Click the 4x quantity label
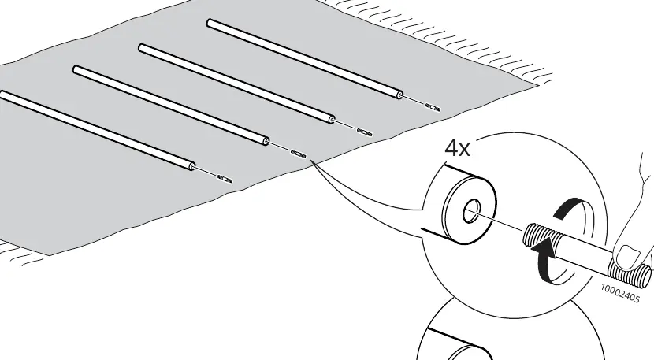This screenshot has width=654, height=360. point(458,148)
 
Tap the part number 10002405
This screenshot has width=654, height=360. point(620,293)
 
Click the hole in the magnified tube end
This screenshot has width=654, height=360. point(472,210)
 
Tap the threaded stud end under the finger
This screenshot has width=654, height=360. point(631,273)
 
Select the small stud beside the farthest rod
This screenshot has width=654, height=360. point(433,107)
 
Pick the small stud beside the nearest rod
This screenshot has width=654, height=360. point(225,179)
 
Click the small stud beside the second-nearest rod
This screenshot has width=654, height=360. point(298,153)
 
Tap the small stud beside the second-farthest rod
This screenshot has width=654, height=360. point(365,132)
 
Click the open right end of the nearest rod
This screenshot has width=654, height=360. point(191,166)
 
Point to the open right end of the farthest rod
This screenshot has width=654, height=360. point(400,95)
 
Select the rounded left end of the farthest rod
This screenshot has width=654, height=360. point(210,23)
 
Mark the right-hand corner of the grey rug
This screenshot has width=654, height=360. point(538,86)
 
